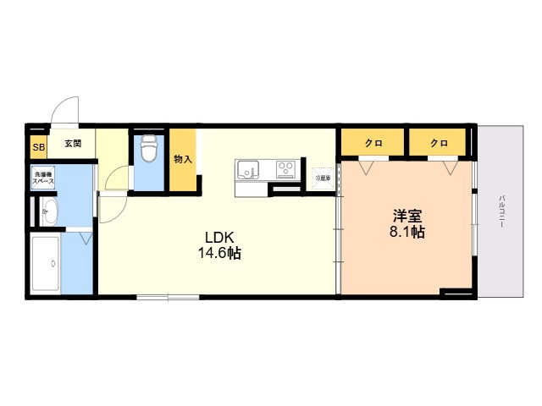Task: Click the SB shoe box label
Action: tap(38, 148)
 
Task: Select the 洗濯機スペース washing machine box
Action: tap(44, 179)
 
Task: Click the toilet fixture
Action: tap(150, 148)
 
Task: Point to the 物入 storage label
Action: tap(183, 158)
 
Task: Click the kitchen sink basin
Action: tap(249, 170)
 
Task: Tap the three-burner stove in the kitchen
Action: tap(285, 169)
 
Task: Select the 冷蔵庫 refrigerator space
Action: tap(323, 178)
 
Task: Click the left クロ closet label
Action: tap(373, 143)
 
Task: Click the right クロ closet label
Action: tap(438, 143)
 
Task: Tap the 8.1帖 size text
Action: tap(406, 233)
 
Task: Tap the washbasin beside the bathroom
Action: tap(47, 211)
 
